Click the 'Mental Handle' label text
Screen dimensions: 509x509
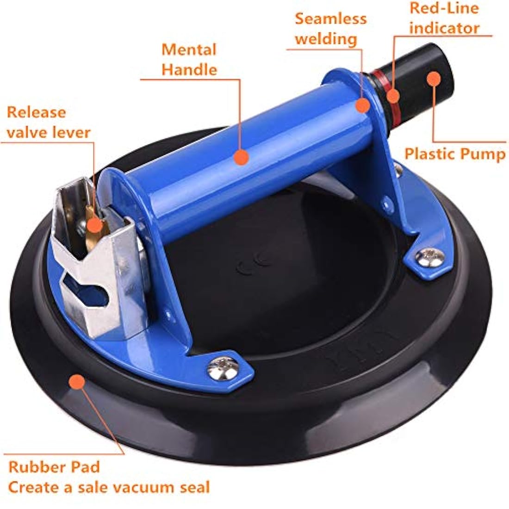click(189, 60)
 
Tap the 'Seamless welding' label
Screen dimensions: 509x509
click(330, 29)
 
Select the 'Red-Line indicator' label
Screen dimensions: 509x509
click(444, 18)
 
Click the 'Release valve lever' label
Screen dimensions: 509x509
click(49, 122)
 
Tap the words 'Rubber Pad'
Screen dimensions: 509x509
click(54, 467)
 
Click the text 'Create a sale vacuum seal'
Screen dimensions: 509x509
click(109, 487)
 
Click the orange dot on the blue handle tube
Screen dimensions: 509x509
click(241, 157)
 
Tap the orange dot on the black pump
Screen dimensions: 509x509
click(433, 79)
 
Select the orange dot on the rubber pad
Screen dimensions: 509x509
click(77, 382)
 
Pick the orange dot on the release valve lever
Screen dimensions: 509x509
click(94, 224)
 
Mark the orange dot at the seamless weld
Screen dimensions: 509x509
click(363, 105)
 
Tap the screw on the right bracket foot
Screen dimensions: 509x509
click(429, 257)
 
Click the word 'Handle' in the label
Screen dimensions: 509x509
click(189, 70)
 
